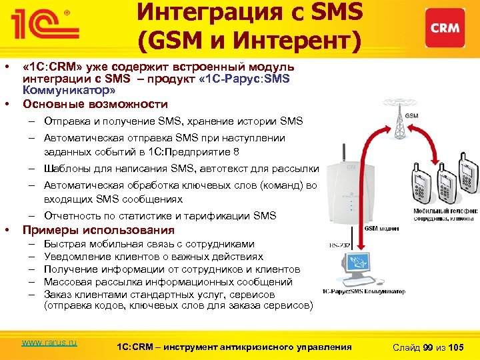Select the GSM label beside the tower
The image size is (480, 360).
(x=412, y=116)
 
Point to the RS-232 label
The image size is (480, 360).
(x=341, y=246)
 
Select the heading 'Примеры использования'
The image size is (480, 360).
(x=99, y=231)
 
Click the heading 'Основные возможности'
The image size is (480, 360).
(x=95, y=105)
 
